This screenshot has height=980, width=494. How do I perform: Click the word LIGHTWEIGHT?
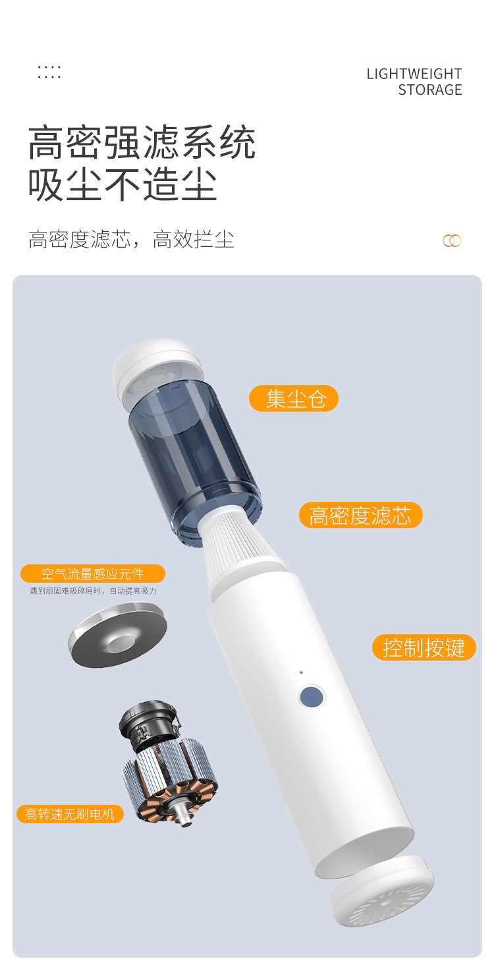point(414,74)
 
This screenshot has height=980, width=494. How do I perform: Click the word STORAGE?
point(429,90)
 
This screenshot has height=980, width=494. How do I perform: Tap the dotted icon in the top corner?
point(49,72)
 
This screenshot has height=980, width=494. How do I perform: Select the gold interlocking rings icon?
point(452,240)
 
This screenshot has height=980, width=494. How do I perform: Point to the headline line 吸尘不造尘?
point(123,184)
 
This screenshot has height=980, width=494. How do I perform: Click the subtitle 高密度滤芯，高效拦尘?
point(131,239)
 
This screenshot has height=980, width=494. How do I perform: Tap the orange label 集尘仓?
point(294,398)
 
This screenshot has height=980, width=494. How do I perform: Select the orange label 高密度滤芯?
point(360,515)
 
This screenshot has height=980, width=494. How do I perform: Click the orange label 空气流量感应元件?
point(92,574)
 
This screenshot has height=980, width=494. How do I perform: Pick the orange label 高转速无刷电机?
point(70,814)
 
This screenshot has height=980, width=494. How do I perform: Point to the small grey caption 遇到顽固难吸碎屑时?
point(93,591)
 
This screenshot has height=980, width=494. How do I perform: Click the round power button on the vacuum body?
point(311,696)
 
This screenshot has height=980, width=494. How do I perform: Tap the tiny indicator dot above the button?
point(301,672)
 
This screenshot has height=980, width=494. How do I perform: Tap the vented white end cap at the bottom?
point(383,890)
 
